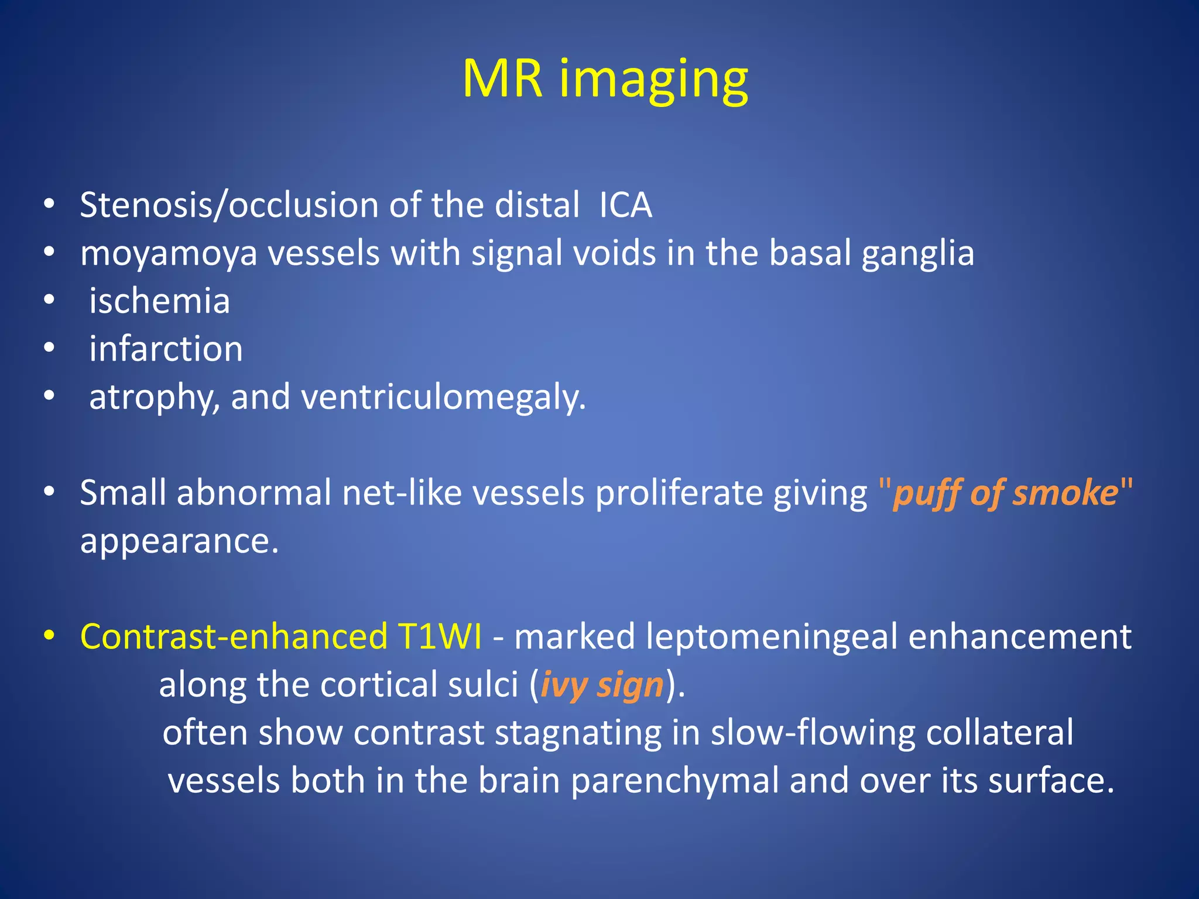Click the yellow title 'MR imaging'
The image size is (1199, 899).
(x=605, y=79)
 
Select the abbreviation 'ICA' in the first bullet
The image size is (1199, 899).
(x=625, y=205)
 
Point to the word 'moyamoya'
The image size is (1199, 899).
(x=169, y=254)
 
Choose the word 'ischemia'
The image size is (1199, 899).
(x=159, y=301)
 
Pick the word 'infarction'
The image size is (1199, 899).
(x=166, y=349)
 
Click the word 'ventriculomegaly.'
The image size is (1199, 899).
(x=443, y=397)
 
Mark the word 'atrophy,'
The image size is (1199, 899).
(x=155, y=397)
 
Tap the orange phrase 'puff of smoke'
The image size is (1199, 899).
(x=1006, y=493)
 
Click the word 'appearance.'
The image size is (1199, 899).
(x=179, y=541)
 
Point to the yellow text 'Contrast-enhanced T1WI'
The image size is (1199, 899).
(x=281, y=636)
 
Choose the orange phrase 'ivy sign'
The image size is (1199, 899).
(x=601, y=685)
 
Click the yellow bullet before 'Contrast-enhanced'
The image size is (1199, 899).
(x=49, y=635)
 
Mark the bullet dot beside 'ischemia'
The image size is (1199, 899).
(x=49, y=300)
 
